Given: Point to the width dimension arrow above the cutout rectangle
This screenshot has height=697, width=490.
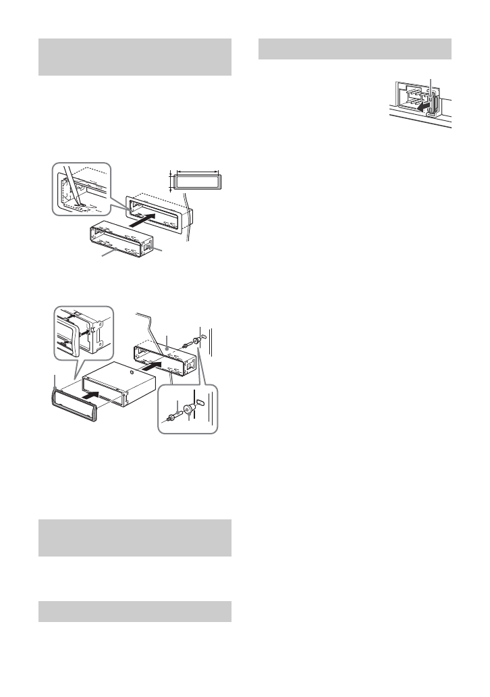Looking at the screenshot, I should (x=196, y=172).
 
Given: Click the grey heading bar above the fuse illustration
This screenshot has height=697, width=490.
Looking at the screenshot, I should (x=355, y=49).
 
